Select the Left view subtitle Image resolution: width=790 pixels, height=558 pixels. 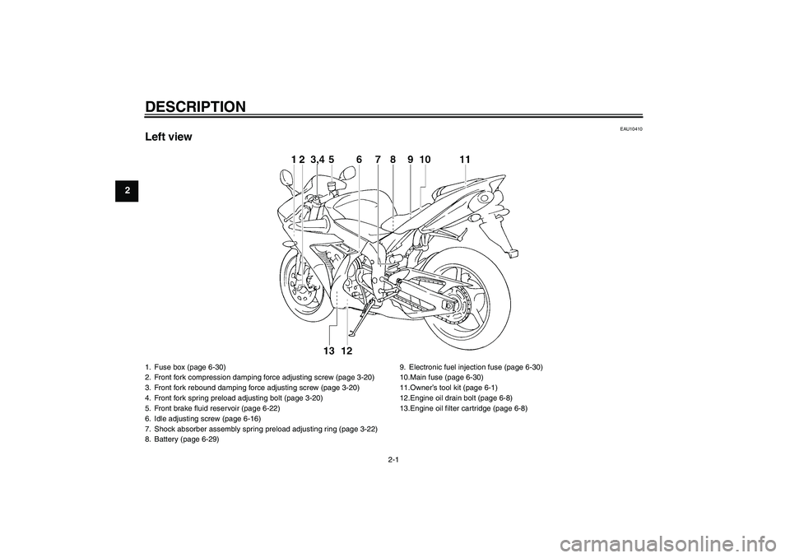coord(168,137)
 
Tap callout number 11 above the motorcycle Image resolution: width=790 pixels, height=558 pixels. coord(466,159)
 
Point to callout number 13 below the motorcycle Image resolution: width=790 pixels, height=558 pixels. coord(329,351)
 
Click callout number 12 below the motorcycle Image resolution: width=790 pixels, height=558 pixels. coord(346,351)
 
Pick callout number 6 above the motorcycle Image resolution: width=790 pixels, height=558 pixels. coord(360,159)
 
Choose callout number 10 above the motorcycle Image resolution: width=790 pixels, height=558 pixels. coord(425,159)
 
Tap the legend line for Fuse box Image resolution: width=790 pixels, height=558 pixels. coord(189,366)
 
